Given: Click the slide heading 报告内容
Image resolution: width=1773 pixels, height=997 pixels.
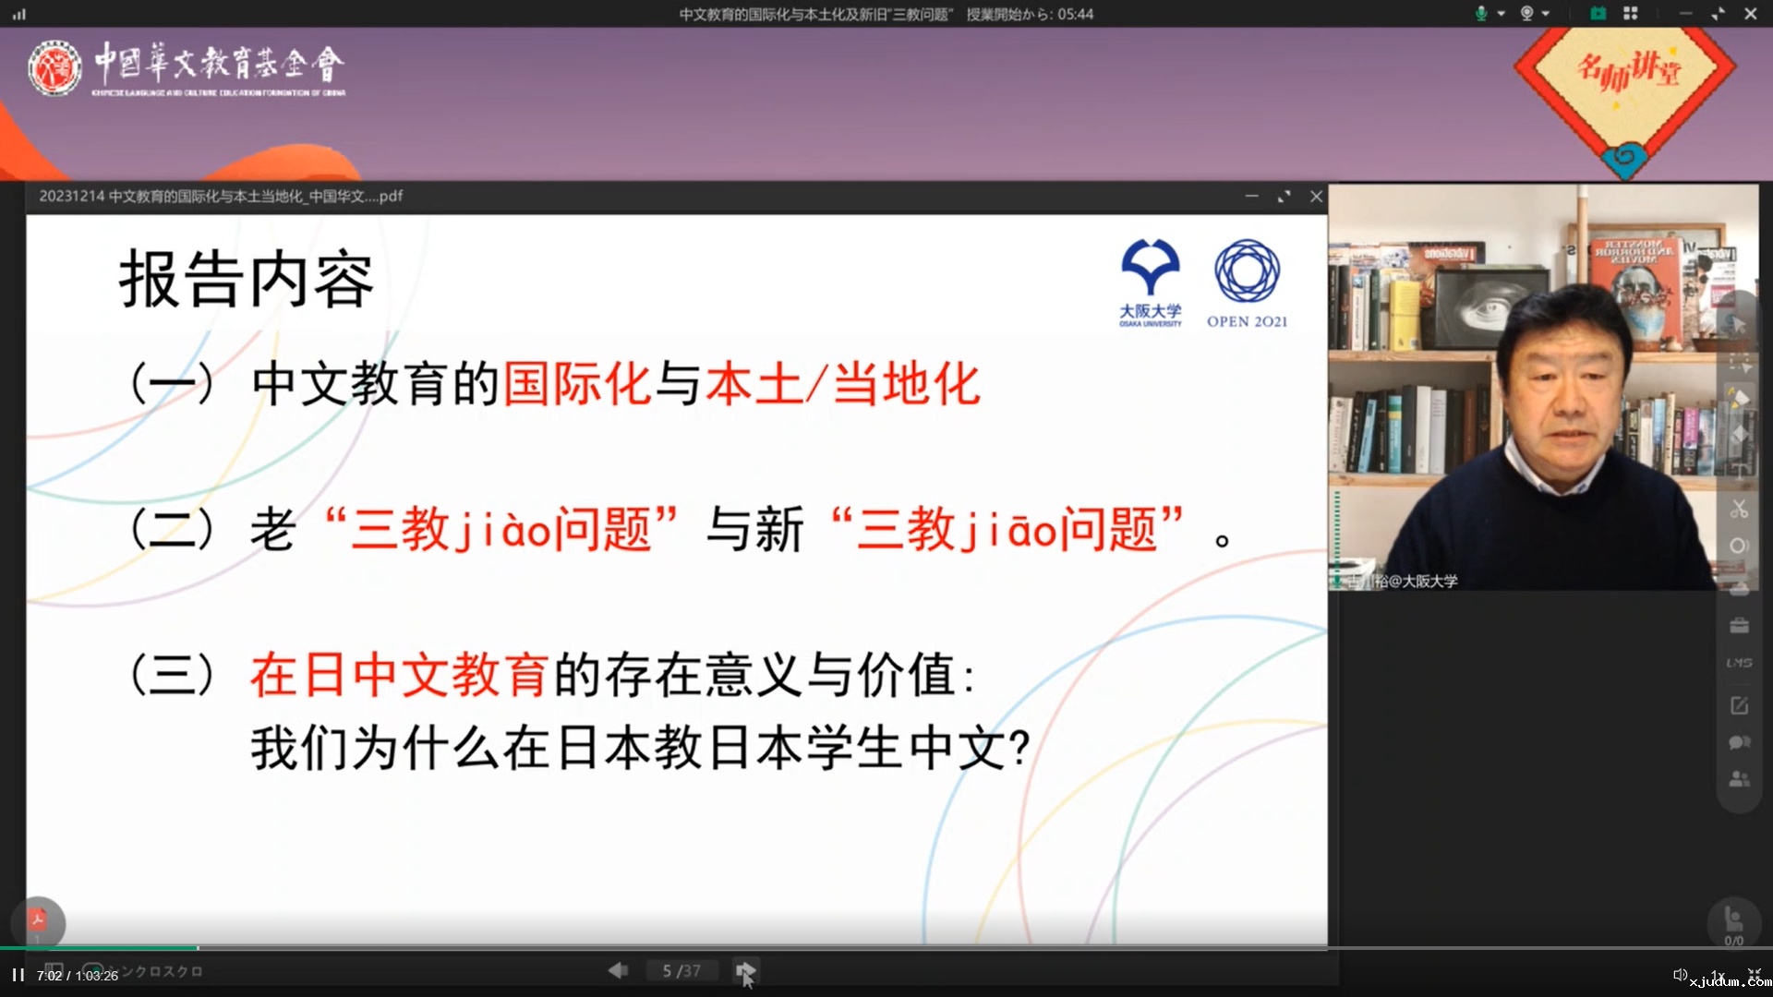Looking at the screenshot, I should (x=246, y=279).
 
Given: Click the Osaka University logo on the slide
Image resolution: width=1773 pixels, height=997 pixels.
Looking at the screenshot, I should (x=1150, y=282).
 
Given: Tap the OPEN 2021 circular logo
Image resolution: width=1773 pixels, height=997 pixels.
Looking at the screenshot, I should (x=1247, y=282).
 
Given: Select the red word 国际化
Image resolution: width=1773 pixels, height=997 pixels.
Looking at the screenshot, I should (x=577, y=384).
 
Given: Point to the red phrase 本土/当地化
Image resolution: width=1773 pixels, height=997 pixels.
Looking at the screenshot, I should (x=842, y=384).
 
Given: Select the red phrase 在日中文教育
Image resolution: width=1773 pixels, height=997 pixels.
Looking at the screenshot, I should (x=399, y=675).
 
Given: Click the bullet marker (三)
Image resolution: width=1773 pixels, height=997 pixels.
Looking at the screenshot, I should (x=173, y=675).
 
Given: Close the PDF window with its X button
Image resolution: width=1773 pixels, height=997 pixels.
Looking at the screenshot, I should (x=1316, y=196).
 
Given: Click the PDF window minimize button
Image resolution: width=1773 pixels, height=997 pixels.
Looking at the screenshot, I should (x=1251, y=196).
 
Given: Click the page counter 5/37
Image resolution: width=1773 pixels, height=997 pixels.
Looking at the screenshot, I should (x=681, y=971).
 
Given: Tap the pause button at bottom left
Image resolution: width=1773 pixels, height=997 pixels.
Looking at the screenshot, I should (x=18, y=975).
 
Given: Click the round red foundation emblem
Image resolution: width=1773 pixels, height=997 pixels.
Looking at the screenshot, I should (x=54, y=68).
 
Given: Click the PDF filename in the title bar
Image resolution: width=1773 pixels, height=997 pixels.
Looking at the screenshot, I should (x=221, y=196).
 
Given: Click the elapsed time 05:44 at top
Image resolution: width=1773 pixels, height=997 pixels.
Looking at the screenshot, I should (x=1075, y=14).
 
